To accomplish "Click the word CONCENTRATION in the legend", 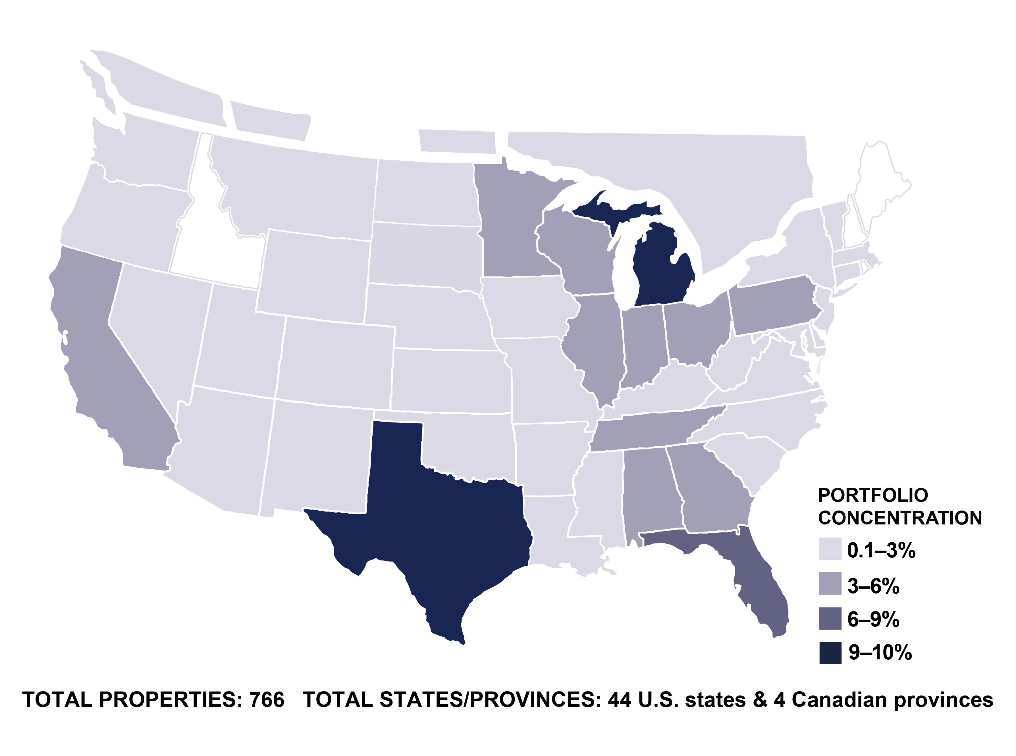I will [x=900, y=518].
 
